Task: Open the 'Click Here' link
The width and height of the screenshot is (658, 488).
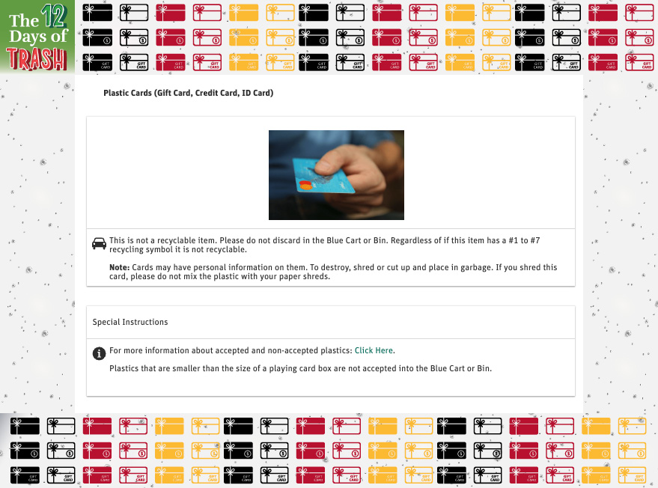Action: pos(374,350)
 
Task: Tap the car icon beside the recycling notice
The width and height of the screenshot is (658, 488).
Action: pos(99,244)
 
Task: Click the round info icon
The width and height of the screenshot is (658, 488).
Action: pos(99,353)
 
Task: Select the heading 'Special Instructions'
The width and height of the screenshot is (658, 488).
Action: pos(130,322)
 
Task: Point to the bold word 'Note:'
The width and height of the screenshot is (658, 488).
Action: pos(120,268)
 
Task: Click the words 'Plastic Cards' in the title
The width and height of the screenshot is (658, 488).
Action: pos(127,94)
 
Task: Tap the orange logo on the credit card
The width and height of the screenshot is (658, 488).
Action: pos(305,184)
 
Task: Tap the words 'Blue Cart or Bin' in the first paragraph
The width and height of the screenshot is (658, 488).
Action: pos(356,240)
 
